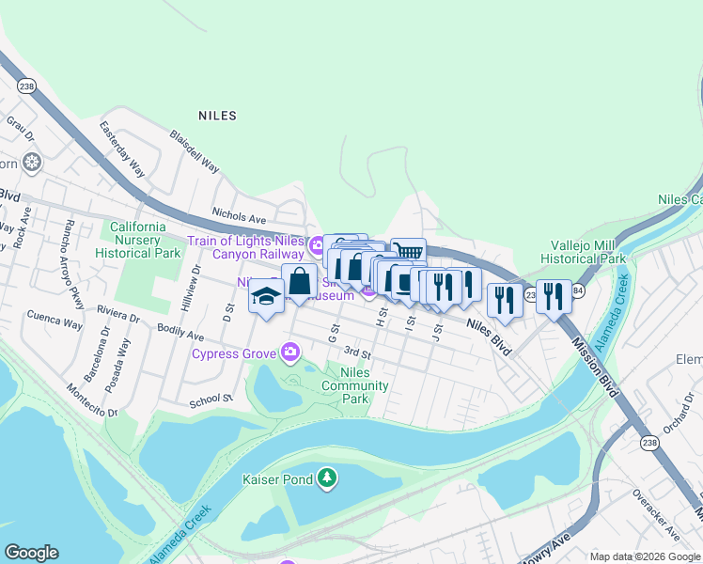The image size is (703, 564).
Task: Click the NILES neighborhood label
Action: (x=217, y=116)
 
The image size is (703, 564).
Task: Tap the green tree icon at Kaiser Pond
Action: (x=326, y=478)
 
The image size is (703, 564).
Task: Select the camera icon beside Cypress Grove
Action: (x=290, y=353)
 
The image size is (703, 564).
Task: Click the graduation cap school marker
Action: (x=266, y=297)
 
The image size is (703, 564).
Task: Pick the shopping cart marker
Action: (x=408, y=252)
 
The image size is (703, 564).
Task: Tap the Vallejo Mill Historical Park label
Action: (x=584, y=251)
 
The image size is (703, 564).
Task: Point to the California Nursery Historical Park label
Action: (x=138, y=240)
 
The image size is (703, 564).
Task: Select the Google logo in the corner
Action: (x=31, y=553)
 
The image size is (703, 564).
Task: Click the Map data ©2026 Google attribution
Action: (x=644, y=556)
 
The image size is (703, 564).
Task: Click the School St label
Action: (x=210, y=399)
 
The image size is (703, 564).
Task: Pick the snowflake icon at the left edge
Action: (x=32, y=163)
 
